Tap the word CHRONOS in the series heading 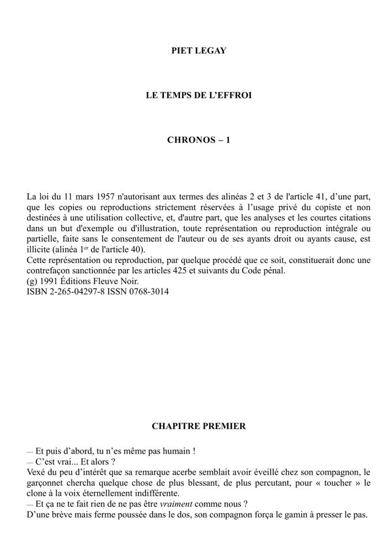(188, 140)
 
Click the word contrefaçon (49, 270)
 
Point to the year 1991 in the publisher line (49, 281)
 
